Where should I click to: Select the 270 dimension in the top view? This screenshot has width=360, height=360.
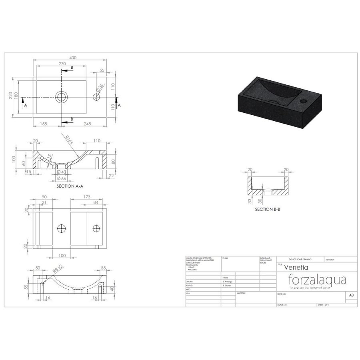(62, 63)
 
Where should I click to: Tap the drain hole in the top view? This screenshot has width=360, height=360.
(62, 97)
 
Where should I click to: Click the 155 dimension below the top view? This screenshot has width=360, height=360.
(44, 124)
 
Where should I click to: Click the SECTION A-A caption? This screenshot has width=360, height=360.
(70, 186)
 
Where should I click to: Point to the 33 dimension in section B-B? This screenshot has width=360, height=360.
(249, 201)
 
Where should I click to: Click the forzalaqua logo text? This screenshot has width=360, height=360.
(317, 278)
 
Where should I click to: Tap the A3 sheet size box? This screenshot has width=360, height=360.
(351, 295)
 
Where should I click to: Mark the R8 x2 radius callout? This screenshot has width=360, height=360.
(57, 271)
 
